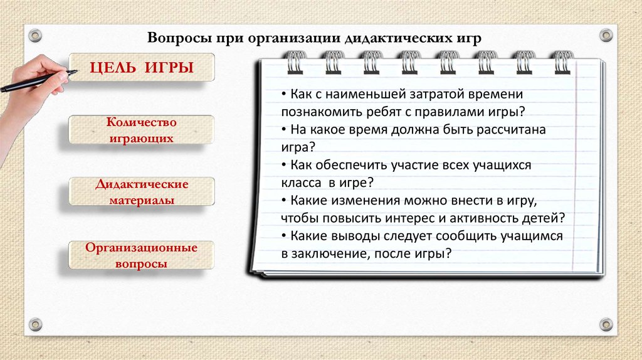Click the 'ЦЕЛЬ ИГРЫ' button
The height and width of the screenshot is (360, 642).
coord(141,67)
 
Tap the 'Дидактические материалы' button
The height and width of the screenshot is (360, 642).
coord(142,192)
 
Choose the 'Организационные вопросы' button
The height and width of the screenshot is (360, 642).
coord(142,255)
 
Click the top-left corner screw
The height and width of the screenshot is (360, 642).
coord(34,34)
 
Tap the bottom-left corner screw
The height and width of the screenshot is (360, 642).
coord(35,324)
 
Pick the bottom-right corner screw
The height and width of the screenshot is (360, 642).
coord(606,324)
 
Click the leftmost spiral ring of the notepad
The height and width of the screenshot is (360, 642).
coord(293,61)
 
